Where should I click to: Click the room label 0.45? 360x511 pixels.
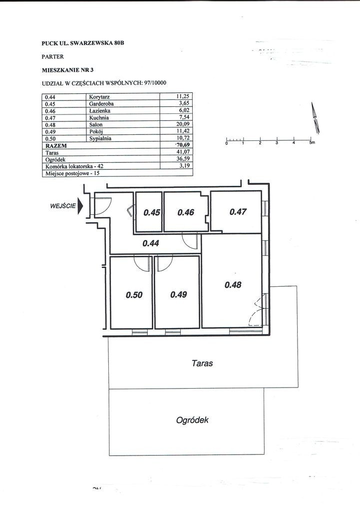tap(151, 212)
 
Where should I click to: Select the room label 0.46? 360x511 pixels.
tap(186, 212)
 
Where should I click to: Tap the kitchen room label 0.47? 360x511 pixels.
tap(238, 212)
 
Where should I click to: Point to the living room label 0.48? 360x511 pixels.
tap(233, 285)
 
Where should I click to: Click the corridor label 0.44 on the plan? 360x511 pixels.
tap(151, 244)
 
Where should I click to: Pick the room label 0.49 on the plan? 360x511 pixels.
tap(178, 295)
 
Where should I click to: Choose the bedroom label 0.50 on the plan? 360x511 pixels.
tap(134, 295)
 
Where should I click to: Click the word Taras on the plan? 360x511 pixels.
tap(202, 363)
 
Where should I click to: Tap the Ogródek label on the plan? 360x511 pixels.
tap(192, 420)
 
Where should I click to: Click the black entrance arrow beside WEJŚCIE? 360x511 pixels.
tap(80, 207)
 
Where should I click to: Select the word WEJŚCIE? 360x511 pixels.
tap(62, 205)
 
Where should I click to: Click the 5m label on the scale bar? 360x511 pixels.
tap(312, 143)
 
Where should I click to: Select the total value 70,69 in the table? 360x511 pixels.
tap(183, 145)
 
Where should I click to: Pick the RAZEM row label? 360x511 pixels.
tap(55, 145)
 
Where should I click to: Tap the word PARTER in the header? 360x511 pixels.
tap(52, 56)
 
